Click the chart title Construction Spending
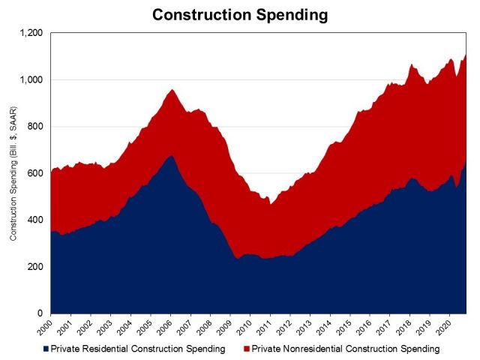point(240,15)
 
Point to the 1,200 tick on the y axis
point(31,33)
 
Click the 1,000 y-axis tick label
point(31,79)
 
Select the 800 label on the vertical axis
point(34,127)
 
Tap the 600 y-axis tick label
point(34,173)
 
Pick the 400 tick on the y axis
point(34,220)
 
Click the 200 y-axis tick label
point(34,267)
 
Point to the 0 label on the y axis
point(40,313)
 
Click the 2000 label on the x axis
point(45,327)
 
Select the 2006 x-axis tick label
point(164,327)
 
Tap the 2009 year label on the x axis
point(224,327)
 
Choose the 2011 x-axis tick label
point(264,327)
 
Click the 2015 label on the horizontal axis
point(344,327)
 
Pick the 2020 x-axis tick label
point(443,327)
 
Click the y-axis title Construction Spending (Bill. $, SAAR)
point(13,173)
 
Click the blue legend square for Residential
point(46,349)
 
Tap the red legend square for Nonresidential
point(247,349)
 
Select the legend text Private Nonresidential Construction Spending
point(346,349)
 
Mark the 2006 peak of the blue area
point(172,155)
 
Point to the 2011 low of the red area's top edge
point(270,204)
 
